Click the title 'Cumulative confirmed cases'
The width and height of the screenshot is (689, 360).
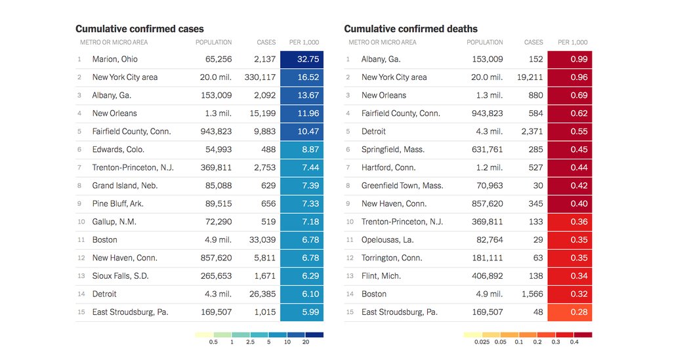click(x=139, y=29)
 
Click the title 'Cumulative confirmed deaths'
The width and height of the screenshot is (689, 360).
click(x=411, y=29)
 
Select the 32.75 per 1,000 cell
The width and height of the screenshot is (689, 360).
click(x=302, y=59)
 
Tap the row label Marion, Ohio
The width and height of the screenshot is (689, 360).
click(x=115, y=59)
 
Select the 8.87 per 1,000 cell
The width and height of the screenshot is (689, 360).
click(x=302, y=150)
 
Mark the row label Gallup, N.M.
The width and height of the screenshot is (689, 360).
click(x=114, y=222)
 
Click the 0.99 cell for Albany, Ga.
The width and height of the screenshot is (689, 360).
click(x=570, y=59)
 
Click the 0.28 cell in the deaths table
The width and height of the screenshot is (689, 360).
click(x=570, y=312)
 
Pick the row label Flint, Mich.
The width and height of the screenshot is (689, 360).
click(x=381, y=276)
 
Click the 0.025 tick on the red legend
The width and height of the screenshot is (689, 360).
click(x=482, y=342)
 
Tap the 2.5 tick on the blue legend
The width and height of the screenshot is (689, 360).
click(x=250, y=342)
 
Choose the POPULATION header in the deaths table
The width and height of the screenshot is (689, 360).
click(x=485, y=43)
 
